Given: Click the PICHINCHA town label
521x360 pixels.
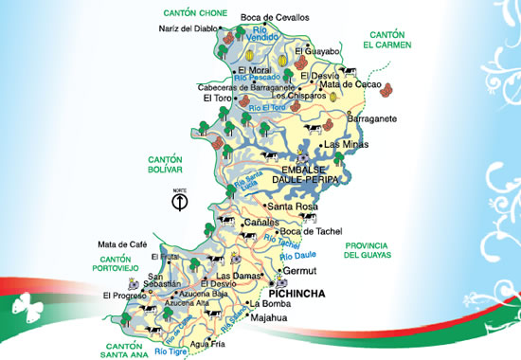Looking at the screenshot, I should click(x=297, y=294).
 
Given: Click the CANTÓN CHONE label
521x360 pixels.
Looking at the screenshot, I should click(x=192, y=12).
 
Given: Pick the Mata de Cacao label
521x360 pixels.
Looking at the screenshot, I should click(x=349, y=85).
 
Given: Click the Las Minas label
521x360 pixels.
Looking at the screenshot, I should click(x=343, y=145).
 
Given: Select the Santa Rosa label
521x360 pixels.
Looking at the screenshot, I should click(x=292, y=206).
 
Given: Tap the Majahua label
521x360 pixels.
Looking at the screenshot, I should click(x=268, y=318).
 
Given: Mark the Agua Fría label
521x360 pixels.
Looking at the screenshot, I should click(x=207, y=343).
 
